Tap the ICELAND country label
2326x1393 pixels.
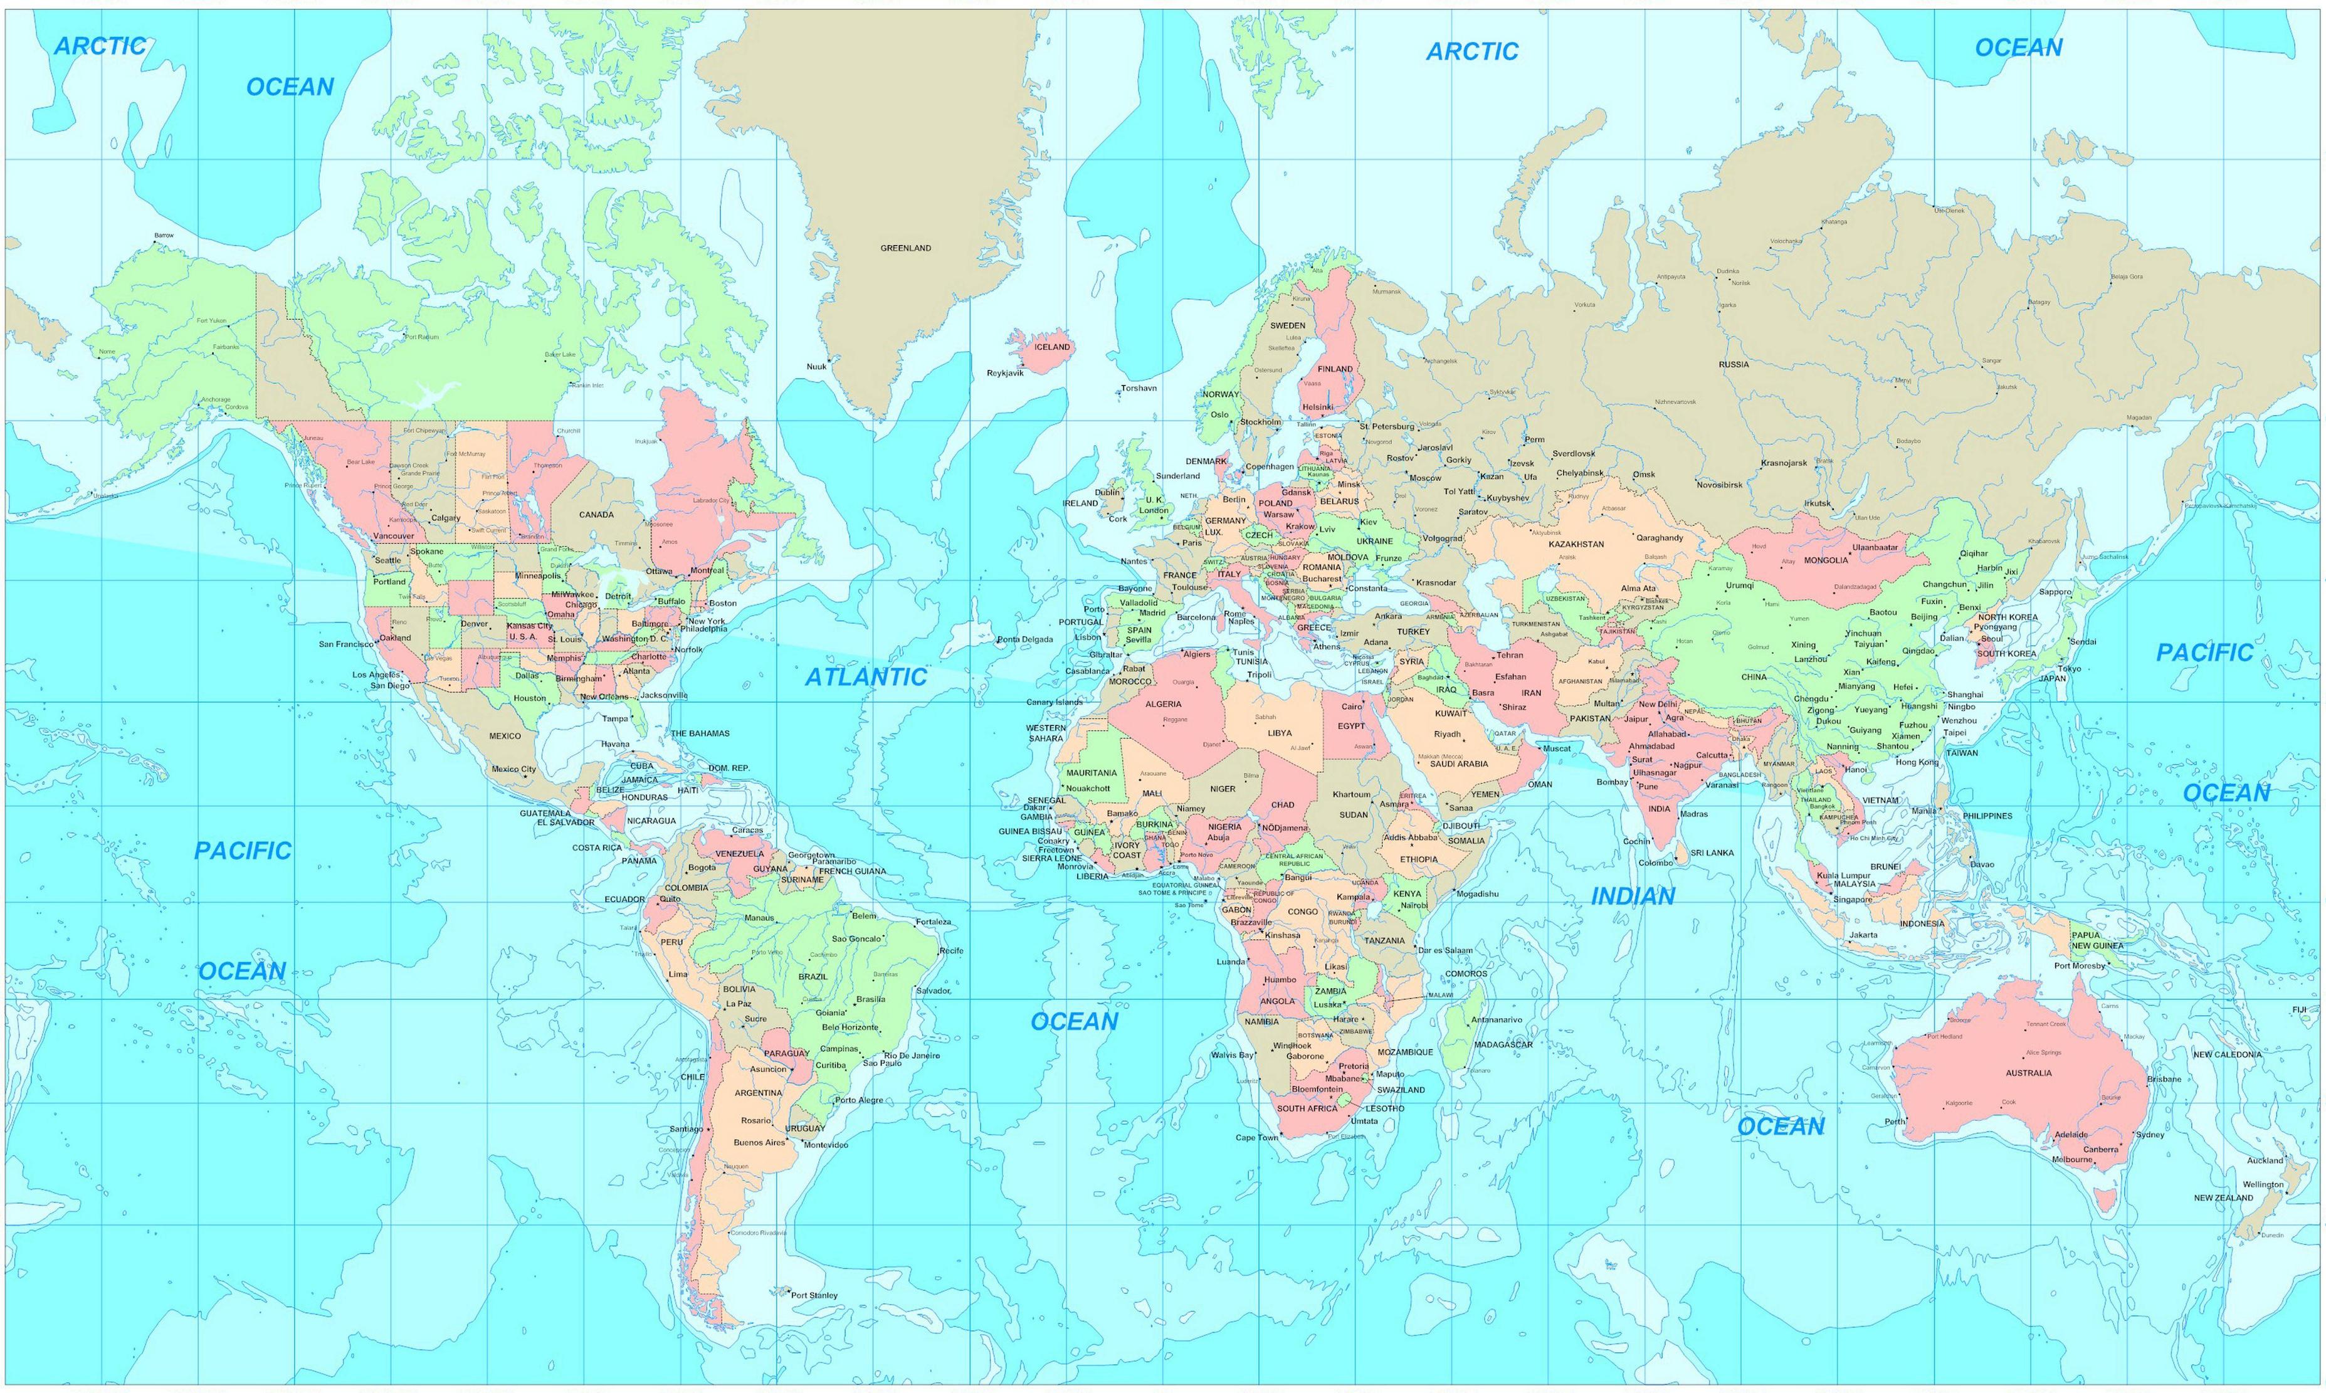tap(1051, 347)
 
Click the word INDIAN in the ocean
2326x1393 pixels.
tap(1633, 896)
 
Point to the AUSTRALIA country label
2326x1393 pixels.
tap(2028, 1072)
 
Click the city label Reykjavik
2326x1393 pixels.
tap(1004, 372)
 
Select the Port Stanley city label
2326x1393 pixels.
tap(814, 1295)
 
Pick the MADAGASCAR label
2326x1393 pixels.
tap(1503, 1044)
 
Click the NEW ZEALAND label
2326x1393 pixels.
tap(2223, 1198)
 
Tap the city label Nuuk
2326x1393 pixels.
tap(817, 366)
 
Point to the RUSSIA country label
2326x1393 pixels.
tap(1734, 364)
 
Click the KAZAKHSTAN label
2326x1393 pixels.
tap(1576, 544)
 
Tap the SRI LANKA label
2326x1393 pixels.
tap(1712, 853)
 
